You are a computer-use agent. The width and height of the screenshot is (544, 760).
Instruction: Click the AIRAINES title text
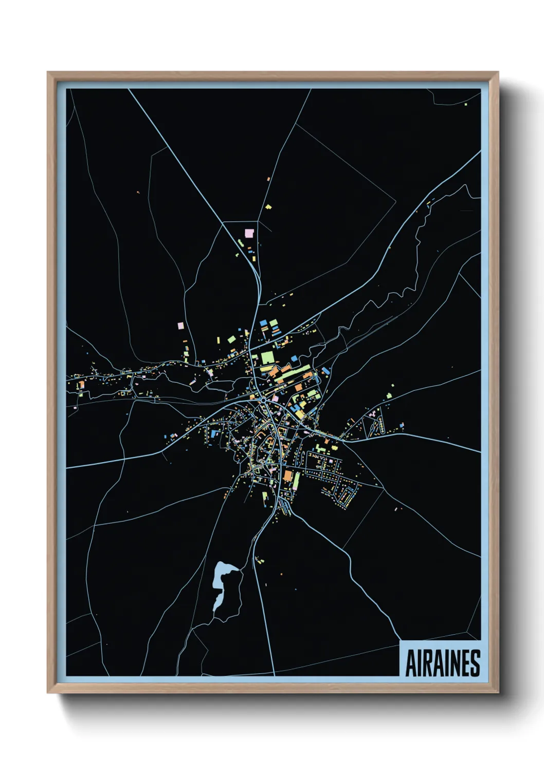tap(442, 663)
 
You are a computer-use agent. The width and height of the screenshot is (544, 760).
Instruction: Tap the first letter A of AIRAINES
tap(411, 663)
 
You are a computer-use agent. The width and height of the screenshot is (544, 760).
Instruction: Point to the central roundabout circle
tap(263, 399)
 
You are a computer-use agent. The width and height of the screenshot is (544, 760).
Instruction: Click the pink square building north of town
tap(249, 233)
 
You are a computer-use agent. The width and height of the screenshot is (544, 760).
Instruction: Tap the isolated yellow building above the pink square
tap(268, 207)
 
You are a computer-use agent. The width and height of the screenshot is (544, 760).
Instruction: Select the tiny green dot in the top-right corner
tap(466, 104)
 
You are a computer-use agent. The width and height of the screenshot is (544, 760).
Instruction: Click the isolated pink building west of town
tap(180, 326)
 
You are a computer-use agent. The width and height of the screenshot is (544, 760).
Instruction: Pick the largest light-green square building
tap(268, 357)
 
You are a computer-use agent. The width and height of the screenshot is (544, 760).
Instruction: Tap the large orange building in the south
tap(288, 477)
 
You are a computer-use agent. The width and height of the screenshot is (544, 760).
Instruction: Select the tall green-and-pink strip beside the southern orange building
tap(297, 481)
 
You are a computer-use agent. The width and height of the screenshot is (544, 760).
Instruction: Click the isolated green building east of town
tap(389, 395)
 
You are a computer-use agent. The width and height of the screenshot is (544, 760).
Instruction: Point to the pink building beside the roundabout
tap(275, 398)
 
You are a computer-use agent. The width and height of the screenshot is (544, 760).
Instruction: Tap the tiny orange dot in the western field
tap(138, 193)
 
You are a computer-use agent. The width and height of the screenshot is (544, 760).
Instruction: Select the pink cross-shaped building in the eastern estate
tap(372, 413)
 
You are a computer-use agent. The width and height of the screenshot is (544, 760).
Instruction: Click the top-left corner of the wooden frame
tap(48, 72)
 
